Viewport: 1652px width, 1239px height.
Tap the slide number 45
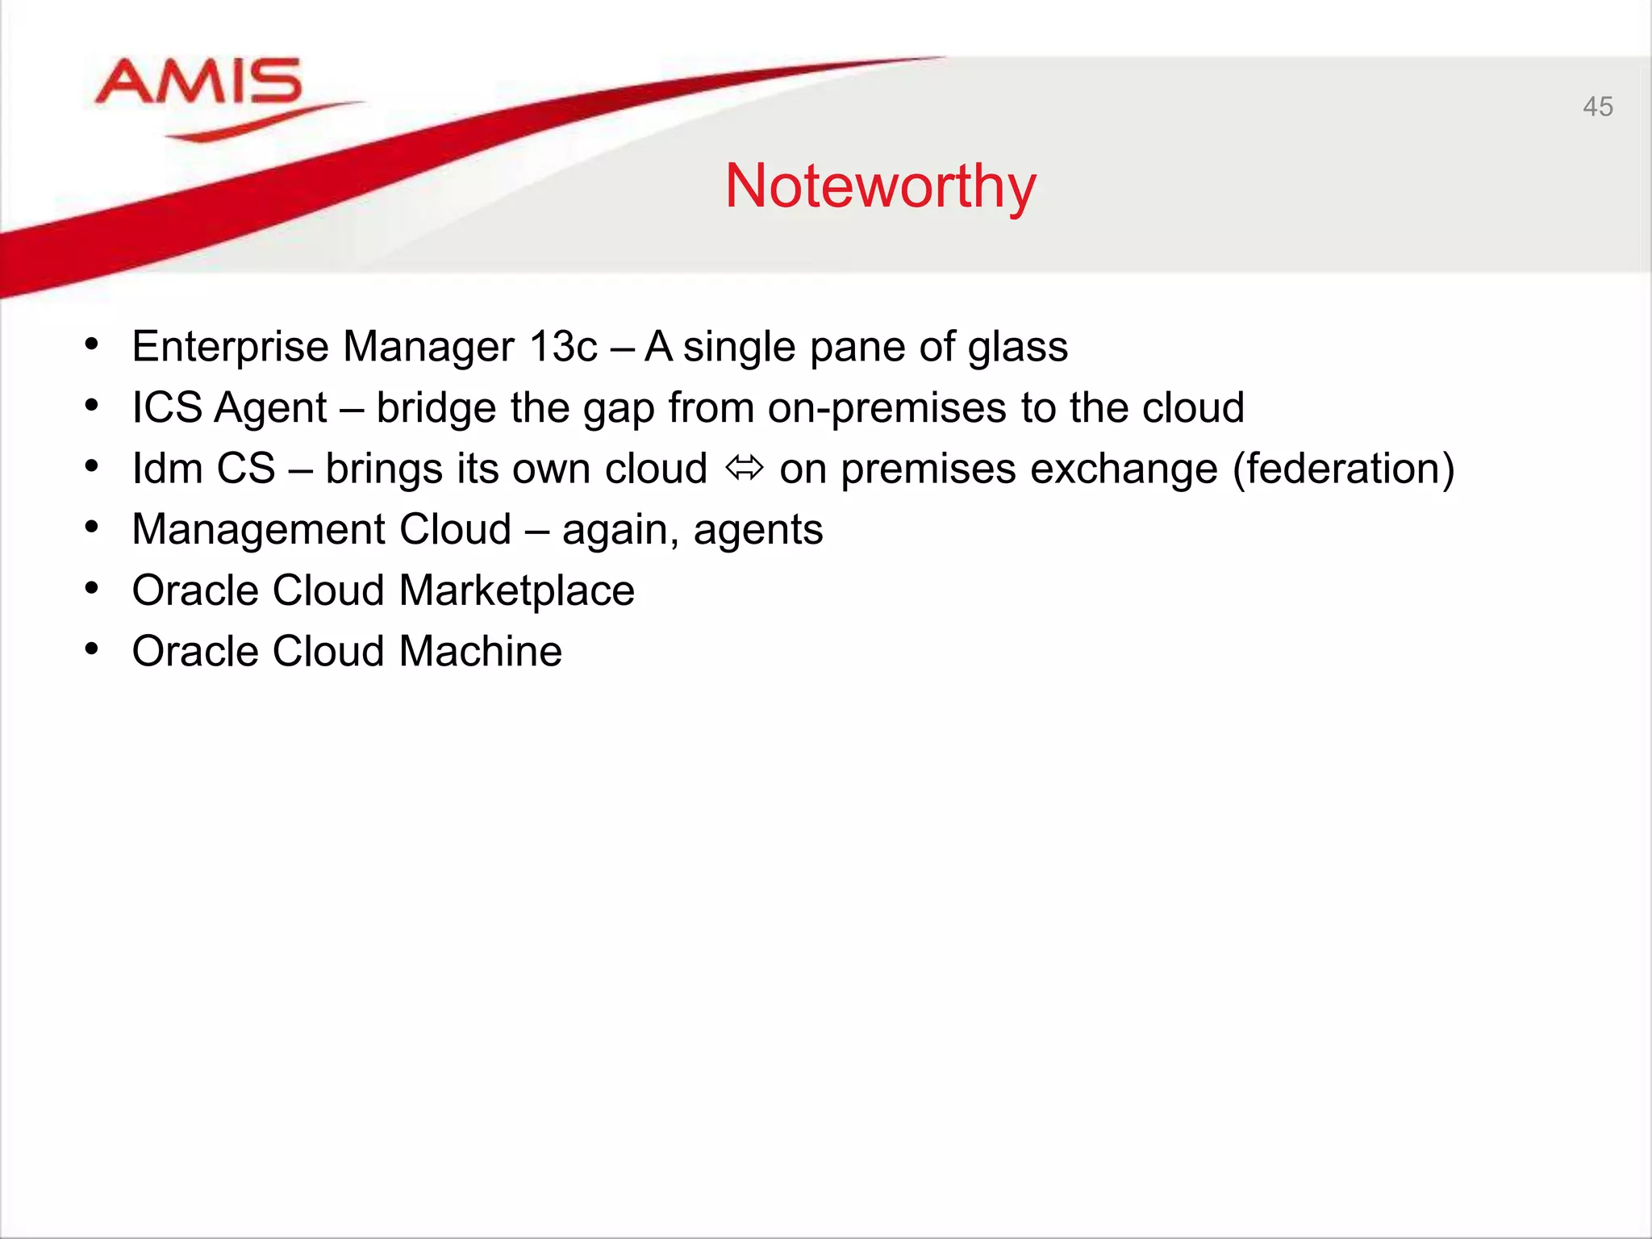click(x=1597, y=106)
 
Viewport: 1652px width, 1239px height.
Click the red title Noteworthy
click(x=880, y=186)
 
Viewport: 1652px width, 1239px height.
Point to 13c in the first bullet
click(x=563, y=347)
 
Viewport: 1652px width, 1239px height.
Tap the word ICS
click(x=167, y=407)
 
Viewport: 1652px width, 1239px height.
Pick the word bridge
click(x=436, y=408)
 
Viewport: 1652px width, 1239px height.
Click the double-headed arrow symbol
click(x=744, y=468)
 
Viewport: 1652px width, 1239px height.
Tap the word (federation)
click(x=1343, y=469)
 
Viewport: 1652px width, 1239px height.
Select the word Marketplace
click(x=516, y=590)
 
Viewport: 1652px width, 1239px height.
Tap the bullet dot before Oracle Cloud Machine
click(x=92, y=649)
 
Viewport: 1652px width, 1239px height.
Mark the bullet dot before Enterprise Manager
click(x=92, y=345)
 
